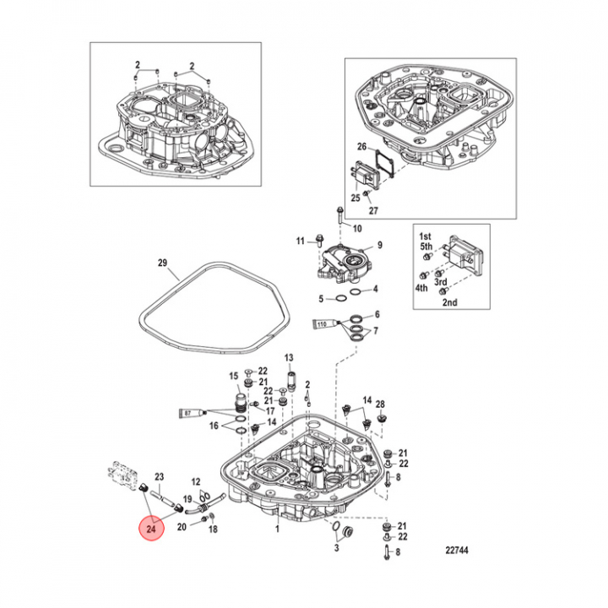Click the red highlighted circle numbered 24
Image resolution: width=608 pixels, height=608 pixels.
pos(152,529)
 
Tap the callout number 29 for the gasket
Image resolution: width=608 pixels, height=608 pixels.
pos(163,263)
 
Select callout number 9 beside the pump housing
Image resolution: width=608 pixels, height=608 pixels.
pos(379,245)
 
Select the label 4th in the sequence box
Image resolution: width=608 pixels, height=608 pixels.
pos(421,287)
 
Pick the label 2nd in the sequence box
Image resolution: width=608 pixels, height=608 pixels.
pos(451,301)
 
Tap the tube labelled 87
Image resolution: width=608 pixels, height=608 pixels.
pos(190,413)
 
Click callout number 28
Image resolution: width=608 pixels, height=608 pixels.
pos(380,404)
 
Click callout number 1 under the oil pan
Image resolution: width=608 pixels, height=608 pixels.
pos(277,529)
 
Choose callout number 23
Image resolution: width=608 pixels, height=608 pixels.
pos(159,477)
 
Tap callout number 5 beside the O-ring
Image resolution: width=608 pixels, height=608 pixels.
pos(321,298)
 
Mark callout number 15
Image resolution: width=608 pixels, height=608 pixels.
pos(234,375)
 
